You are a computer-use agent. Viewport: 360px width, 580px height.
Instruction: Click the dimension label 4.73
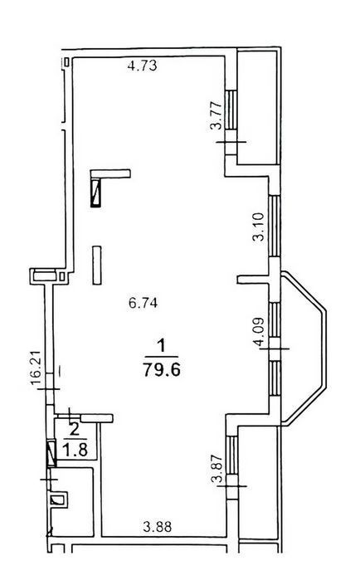(x=143, y=66)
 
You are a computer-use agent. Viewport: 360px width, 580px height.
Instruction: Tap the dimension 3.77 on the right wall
(x=216, y=115)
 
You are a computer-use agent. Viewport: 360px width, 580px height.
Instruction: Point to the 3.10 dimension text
(x=259, y=227)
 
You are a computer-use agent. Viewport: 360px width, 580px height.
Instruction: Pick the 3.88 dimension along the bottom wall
(x=158, y=526)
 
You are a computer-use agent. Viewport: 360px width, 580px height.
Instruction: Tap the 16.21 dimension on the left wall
(x=36, y=368)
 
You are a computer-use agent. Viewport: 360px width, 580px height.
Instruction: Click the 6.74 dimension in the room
(x=143, y=303)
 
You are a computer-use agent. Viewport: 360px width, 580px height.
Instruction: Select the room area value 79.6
(x=162, y=369)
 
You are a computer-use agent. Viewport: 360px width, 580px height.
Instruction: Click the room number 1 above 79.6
(x=161, y=347)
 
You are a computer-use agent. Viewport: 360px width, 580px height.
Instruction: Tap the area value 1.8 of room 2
(x=75, y=451)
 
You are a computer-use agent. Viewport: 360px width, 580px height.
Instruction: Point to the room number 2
(x=75, y=429)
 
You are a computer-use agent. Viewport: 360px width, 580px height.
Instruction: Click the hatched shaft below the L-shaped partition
(x=95, y=193)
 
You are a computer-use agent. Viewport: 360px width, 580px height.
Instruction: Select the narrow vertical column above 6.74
(x=97, y=266)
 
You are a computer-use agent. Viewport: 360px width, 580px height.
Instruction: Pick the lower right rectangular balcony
(x=258, y=482)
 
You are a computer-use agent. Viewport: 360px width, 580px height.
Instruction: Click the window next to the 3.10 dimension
(x=275, y=226)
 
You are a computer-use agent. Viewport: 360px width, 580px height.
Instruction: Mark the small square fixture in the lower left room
(x=58, y=500)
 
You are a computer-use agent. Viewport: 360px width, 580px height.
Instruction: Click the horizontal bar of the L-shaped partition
(x=111, y=174)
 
